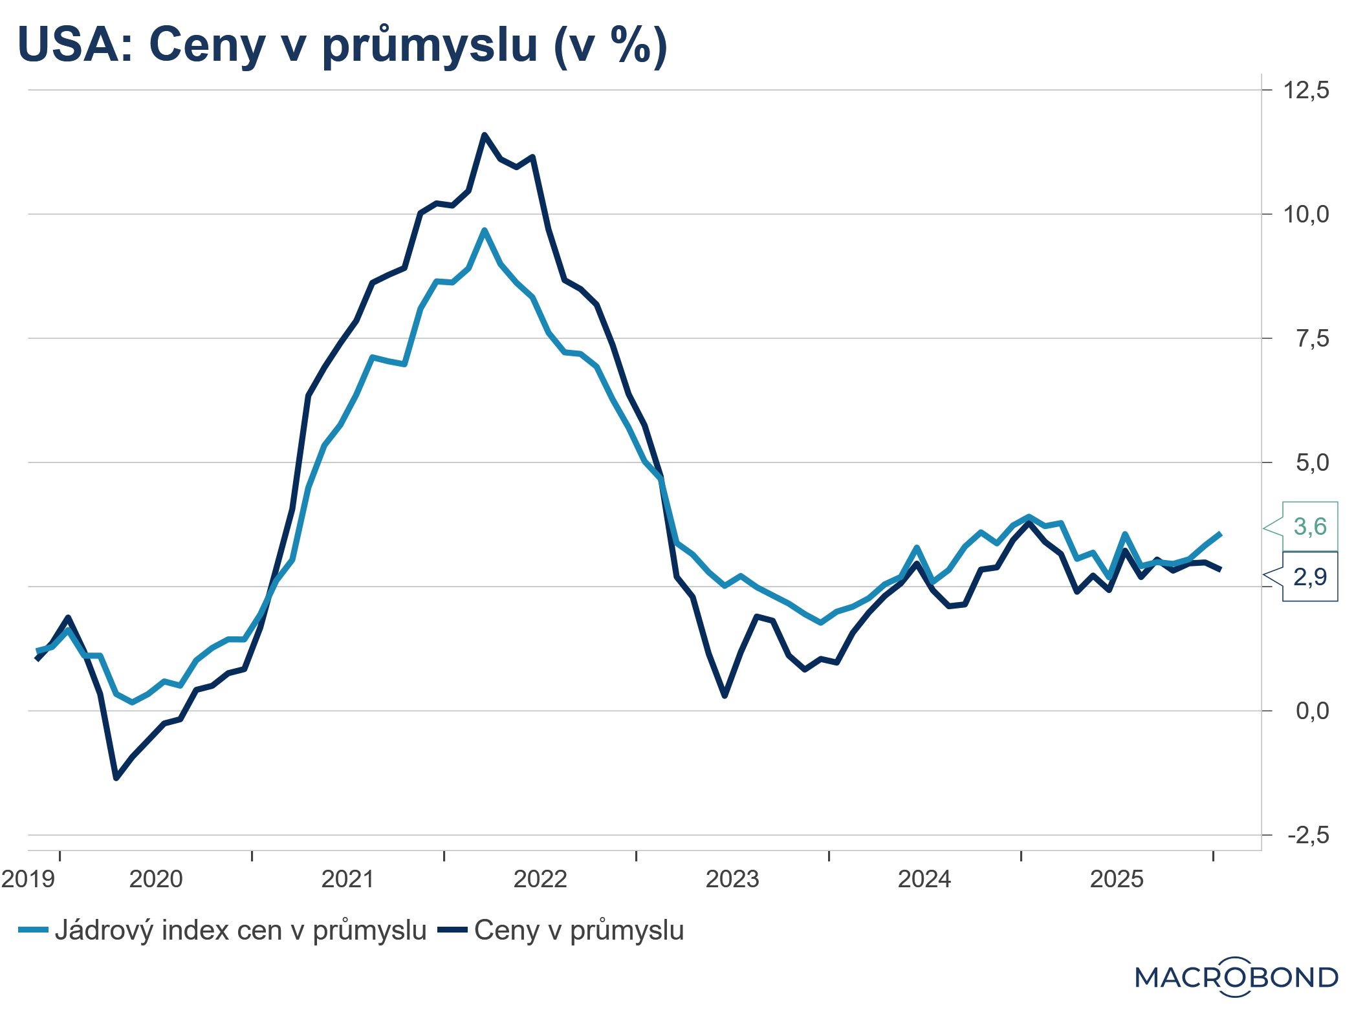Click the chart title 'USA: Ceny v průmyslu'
point(343,45)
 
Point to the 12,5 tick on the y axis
point(1305,90)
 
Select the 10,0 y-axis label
point(1305,214)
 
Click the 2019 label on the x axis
point(28,879)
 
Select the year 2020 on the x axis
point(156,879)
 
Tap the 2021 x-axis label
point(348,879)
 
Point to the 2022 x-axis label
point(540,879)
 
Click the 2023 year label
point(732,879)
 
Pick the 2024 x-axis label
point(924,879)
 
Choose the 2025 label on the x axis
point(1117,879)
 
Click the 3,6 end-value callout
point(1309,527)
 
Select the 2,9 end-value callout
point(1309,577)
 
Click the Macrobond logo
point(1236,977)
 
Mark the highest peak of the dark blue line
point(485,135)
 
